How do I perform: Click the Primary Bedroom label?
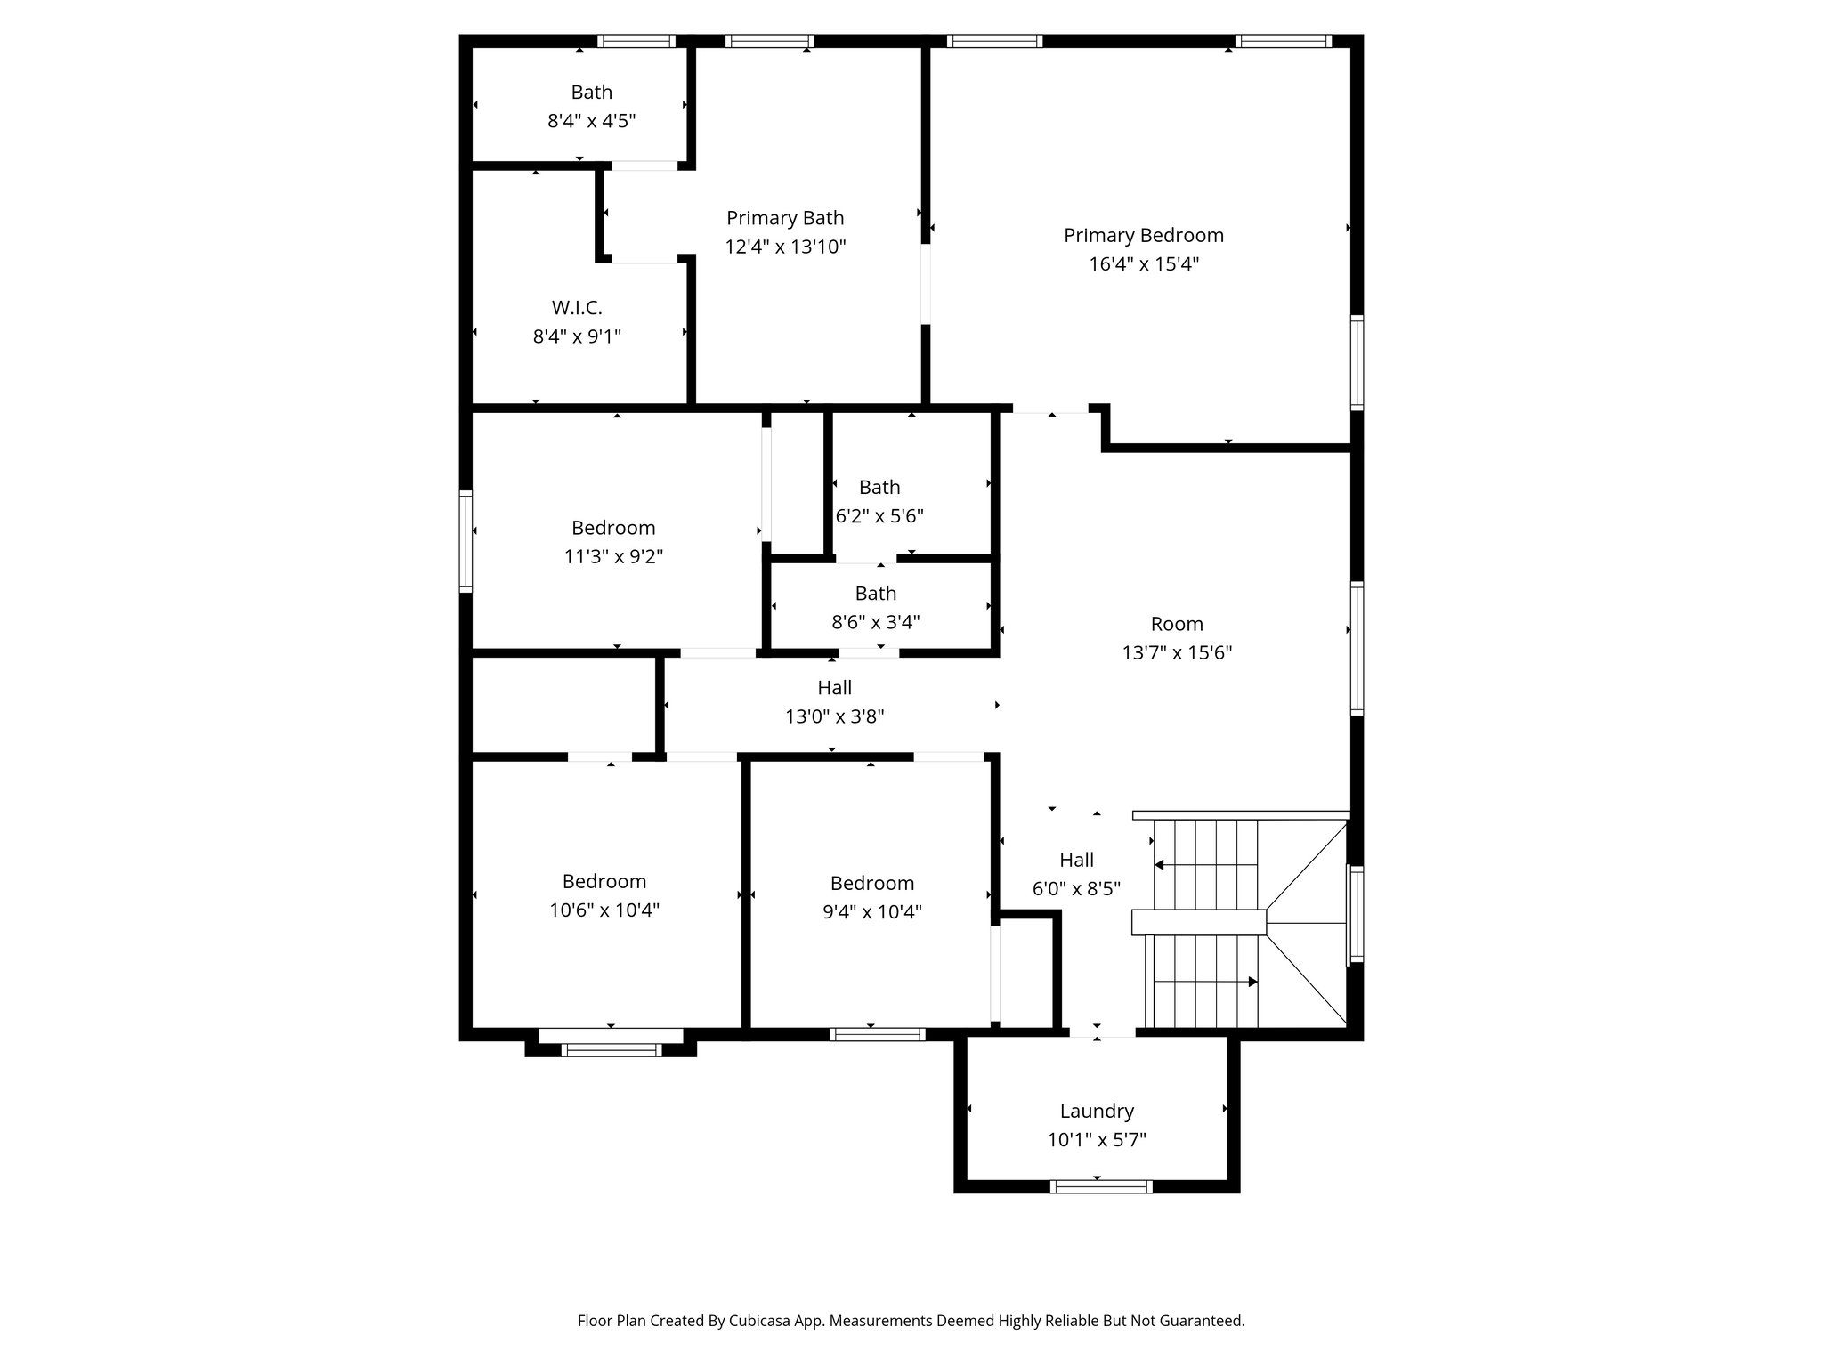[x=1143, y=235]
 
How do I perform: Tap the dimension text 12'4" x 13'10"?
[x=785, y=247]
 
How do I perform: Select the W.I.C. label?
[x=577, y=308]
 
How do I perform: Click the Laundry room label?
[x=1097, y=1111]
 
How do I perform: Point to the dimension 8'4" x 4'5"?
[x=591, y=121]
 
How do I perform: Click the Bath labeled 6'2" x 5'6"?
[x=879, y=488]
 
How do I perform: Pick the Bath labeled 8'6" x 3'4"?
[x=876, y=594]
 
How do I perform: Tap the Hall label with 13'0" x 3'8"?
[x=834, y=688]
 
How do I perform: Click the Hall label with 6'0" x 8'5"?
[x=1076, y=860]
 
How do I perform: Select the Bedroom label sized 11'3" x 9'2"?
[x=613, y=528]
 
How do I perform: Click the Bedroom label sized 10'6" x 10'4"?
[x=604, y=881]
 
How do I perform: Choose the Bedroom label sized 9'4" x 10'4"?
[x=871, y=883]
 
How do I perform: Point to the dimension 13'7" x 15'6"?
[x=1177, y=652]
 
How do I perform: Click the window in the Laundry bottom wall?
[x=1101, y=1186]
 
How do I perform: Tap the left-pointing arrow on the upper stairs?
[x=1160, y=864]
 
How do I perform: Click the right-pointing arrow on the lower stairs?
[x=1252, y=982]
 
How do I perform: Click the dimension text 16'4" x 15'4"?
[x=1143, y=264]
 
